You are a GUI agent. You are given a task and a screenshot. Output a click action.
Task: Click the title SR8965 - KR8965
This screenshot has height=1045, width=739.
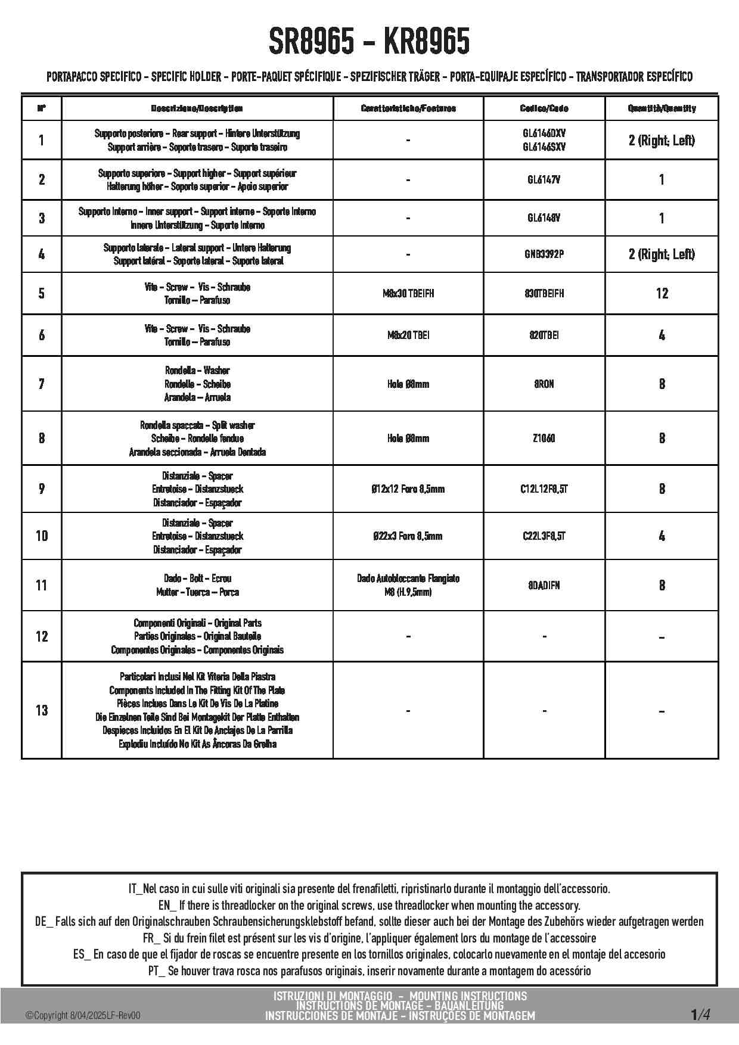(x=369, y=42)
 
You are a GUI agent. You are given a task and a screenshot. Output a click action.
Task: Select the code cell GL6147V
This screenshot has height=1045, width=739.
(x=544, y=179)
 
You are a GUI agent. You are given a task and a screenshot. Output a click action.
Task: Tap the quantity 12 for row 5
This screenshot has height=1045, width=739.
(x=662, y=293)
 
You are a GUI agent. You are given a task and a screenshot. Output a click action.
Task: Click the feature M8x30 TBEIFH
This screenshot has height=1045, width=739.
(x=408, y=293)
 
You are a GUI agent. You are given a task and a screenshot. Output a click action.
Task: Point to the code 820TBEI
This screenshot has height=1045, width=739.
(x=544, y=335)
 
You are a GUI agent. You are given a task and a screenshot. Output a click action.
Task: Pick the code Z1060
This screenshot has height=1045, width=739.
(x=544, y=438)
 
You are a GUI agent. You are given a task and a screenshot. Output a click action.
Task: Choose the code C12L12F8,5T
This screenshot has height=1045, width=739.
(x=544, y=489)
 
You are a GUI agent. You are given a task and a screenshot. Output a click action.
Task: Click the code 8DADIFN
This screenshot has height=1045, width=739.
(x=544, y=585)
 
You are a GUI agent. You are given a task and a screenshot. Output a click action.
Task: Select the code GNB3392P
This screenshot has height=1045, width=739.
(x=544, y=254)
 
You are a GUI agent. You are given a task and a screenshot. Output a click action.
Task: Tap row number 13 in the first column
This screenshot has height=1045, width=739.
(x=42, y=710)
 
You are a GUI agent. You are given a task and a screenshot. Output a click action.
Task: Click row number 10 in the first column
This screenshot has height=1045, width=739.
(x=42, y=536)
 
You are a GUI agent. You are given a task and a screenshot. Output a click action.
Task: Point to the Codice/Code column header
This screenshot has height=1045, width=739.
(x=544, y=108)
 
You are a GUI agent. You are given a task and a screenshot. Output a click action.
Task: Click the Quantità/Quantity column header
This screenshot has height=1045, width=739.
(x=662, y=108)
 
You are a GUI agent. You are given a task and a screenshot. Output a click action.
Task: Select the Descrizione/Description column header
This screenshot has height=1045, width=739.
(x=197, y=108)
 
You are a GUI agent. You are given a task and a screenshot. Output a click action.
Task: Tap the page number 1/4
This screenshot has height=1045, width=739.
(x=700, y=1015)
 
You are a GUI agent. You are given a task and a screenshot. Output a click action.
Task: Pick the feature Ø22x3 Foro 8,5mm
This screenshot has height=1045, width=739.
(x=408, y=536)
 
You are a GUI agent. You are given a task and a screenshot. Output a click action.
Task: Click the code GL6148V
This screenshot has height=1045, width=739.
(x=544, y=218)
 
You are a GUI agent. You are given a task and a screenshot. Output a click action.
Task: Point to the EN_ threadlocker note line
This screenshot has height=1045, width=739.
(x=369, y=906)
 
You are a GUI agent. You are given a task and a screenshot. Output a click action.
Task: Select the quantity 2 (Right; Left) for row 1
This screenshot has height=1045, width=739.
(x=662, y=141)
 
